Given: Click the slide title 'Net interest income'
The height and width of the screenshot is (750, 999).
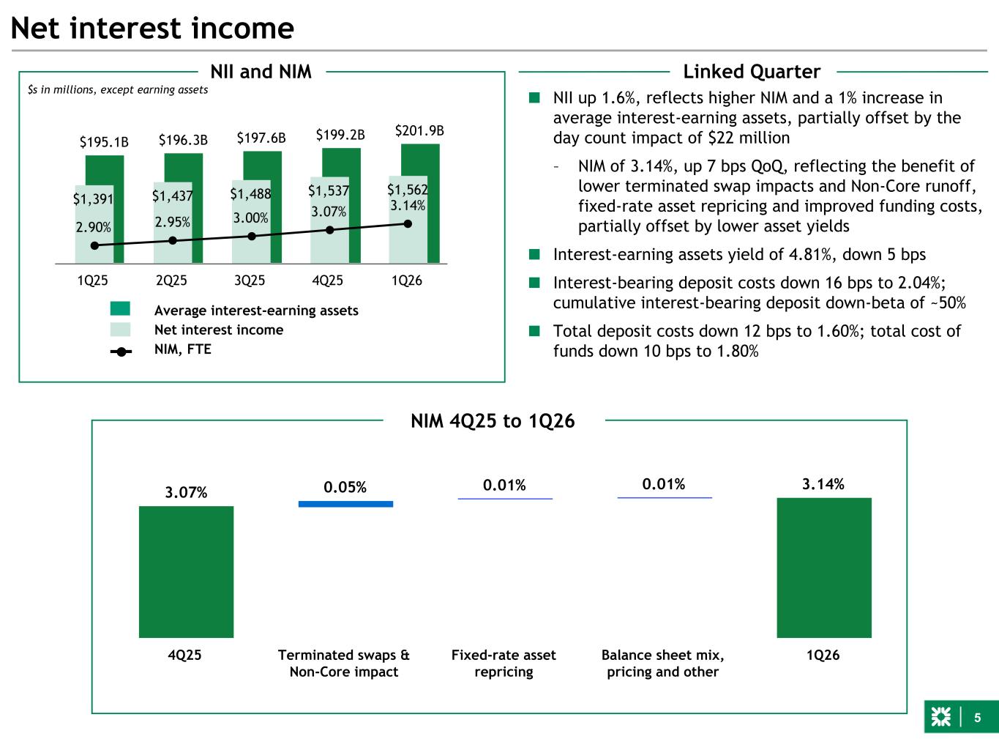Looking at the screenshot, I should point(153,29).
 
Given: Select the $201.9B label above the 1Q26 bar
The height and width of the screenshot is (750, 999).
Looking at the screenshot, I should point(419,131).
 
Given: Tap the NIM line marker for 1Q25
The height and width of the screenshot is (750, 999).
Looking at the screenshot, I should point(94,246).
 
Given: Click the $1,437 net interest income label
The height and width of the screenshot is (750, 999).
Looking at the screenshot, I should point(172,196).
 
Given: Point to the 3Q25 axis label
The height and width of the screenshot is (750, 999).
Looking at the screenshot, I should point(250,281).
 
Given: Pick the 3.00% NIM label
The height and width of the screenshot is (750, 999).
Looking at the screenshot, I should point(251,218).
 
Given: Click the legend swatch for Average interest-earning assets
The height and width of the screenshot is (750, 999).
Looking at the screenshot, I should point(121,310).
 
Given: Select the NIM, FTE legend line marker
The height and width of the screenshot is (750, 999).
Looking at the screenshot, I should point(121,351).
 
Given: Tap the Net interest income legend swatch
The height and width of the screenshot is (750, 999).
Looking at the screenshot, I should point(121,330).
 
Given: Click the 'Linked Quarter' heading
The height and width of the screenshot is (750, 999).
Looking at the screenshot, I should point(752,72).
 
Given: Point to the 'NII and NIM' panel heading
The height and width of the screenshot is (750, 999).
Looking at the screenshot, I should point(261,72).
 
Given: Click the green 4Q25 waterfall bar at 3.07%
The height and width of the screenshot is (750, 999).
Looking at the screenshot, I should point(186,571).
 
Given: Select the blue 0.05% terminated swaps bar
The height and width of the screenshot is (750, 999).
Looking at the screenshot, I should point(345,504).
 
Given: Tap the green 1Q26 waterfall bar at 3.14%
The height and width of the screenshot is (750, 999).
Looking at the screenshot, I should point(824,568).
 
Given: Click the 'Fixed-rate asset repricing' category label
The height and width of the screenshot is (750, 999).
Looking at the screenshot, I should point(504,664).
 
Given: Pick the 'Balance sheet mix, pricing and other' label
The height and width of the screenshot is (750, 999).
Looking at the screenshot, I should point(663,664).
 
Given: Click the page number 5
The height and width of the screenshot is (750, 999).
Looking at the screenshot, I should point(977,718).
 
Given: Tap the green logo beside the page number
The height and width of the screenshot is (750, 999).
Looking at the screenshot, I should point(941,718).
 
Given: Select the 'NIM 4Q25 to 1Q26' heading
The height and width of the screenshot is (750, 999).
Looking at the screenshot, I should point(493,421).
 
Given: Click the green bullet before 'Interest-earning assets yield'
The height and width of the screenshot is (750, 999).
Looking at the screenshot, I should point(535,255).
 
